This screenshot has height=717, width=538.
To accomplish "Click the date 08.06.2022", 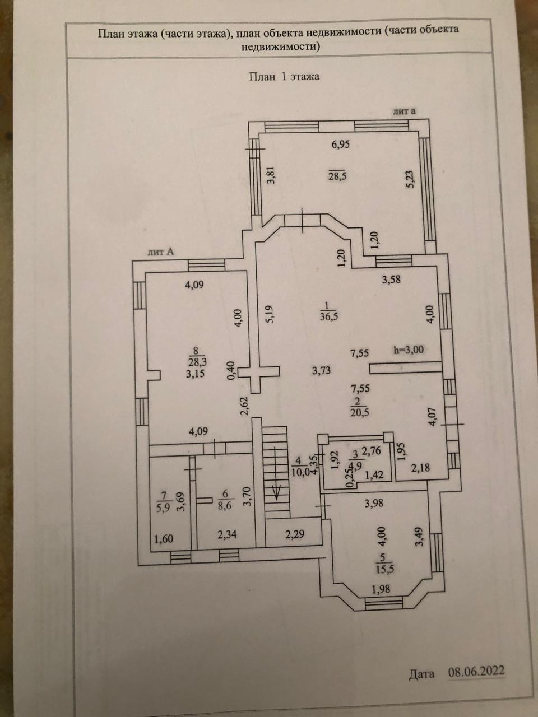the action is click(476, 671).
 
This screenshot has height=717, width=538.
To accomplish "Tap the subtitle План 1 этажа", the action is click(284, 77).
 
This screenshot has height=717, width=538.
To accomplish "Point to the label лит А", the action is click(161, 252).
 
